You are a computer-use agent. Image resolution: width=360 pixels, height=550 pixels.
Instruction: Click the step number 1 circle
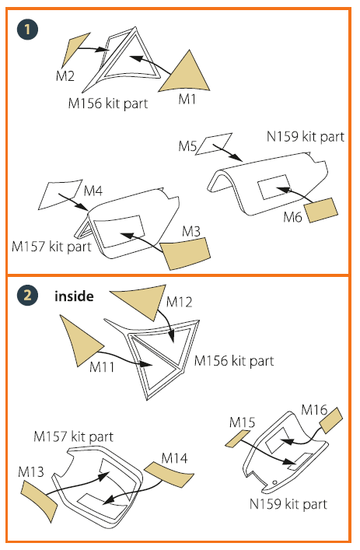[x=27, y=29]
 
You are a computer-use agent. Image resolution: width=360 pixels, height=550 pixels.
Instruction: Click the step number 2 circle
[x=27, y=295]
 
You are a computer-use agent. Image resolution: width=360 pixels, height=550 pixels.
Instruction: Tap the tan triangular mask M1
[x=185, y=75]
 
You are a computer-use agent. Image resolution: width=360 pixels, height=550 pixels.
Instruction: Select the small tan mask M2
[x=74, y=49]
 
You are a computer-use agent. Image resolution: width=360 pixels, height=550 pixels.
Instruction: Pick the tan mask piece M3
[x=185, y=254]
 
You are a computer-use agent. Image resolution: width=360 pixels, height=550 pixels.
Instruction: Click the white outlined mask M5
[x=214, y=144]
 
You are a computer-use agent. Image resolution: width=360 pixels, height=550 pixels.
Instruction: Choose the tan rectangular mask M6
[x=321, y=210]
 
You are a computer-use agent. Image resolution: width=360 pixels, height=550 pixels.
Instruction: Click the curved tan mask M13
[x=39, y=500]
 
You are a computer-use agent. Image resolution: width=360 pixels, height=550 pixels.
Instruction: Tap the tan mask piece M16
[x=331, y=420]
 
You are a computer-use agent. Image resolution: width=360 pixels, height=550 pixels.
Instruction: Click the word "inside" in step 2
[x=74, y=296]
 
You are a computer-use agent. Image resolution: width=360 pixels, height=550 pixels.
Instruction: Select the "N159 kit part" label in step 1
[x=306, y=137]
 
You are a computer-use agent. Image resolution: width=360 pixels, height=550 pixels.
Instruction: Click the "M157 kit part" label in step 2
[x=74, y=437]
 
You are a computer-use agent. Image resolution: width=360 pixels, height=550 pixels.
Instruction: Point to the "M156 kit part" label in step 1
[x=108, y=103]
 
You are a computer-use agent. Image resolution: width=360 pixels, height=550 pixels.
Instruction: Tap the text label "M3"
[x=191, y=232]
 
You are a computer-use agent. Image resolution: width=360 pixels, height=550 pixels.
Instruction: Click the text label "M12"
[x=179, y=302]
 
